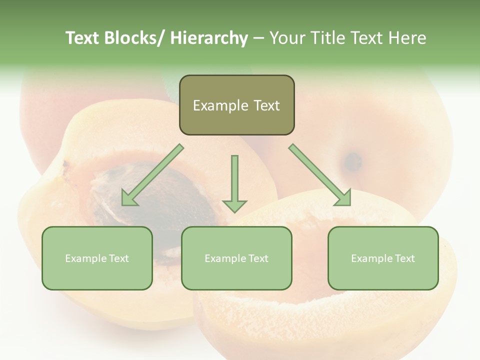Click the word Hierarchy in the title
(x=209, y=38)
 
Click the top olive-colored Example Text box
(x=236, y=105)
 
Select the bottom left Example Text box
(x=97, y=258)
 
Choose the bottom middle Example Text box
(x=236, y=258)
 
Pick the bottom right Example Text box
(x=383, y=258)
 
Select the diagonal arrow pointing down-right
(x=320, y=175)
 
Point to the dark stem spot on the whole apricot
(x=353, y=161)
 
